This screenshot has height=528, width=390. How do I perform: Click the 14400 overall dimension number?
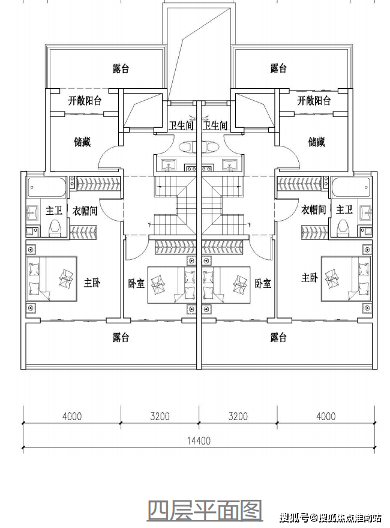(199, 440)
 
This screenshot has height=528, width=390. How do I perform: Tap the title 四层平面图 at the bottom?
(205, 511)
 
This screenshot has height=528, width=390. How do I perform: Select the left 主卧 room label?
(92, 283)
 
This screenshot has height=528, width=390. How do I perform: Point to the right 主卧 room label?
(310, 278)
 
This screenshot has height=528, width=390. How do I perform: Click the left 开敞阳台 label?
(85, 100)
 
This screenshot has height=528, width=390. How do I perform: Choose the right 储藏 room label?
(317, 142)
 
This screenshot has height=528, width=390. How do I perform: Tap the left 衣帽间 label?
(85, 211)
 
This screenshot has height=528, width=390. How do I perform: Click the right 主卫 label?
(344, 210)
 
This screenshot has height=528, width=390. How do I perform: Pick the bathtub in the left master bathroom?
(46, 187)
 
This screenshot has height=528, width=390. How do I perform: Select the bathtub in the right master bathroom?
(350, 187)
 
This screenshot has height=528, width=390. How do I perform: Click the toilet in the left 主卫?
(55, 228)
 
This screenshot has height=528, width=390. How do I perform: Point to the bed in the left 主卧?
(52, 279)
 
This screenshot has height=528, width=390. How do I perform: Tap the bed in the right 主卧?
(346, 279)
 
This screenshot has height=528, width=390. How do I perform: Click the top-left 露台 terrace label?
(121, 68)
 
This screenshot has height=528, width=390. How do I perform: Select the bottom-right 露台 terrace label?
(278, 337)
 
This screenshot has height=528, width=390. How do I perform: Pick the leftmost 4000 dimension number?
(72, 416)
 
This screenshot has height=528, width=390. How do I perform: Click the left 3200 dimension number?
(160, 416)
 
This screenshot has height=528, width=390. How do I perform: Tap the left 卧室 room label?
(136, 284)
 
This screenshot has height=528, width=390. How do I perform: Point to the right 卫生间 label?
(215, 125)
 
